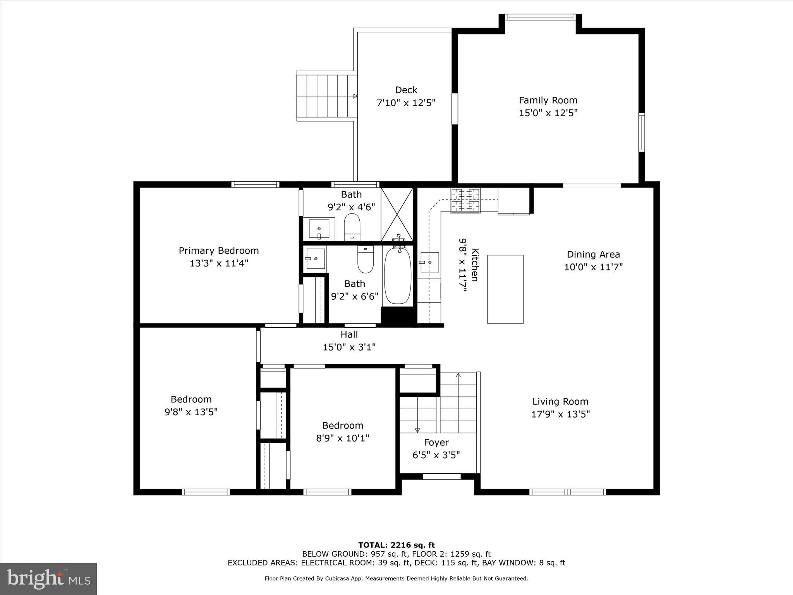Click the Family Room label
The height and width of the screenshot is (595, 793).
(548, 100)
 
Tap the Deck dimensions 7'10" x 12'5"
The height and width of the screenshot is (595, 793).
(406, 103)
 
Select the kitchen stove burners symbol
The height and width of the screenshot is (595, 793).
(465, 200)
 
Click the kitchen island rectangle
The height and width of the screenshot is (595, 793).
(505, 289)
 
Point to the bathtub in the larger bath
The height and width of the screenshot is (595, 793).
(397, 276)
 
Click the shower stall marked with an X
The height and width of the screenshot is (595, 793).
(397, 214)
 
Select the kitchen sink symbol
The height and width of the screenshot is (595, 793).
(430, 262)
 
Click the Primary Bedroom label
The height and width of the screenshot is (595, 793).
(219, 251)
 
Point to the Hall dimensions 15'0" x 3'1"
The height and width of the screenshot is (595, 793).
(349, 347)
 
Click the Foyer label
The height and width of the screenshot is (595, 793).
(436, 442)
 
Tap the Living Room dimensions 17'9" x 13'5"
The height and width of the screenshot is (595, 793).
(560, 414)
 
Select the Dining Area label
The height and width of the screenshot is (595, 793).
(593, 255)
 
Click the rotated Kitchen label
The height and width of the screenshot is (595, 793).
(475, 265)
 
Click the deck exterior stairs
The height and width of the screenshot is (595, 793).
(327, 96)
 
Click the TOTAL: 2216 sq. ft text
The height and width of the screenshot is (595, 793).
(396, 545)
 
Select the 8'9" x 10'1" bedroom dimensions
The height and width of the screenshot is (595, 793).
(343, 438)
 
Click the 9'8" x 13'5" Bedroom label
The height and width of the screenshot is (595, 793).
(191, 399)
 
